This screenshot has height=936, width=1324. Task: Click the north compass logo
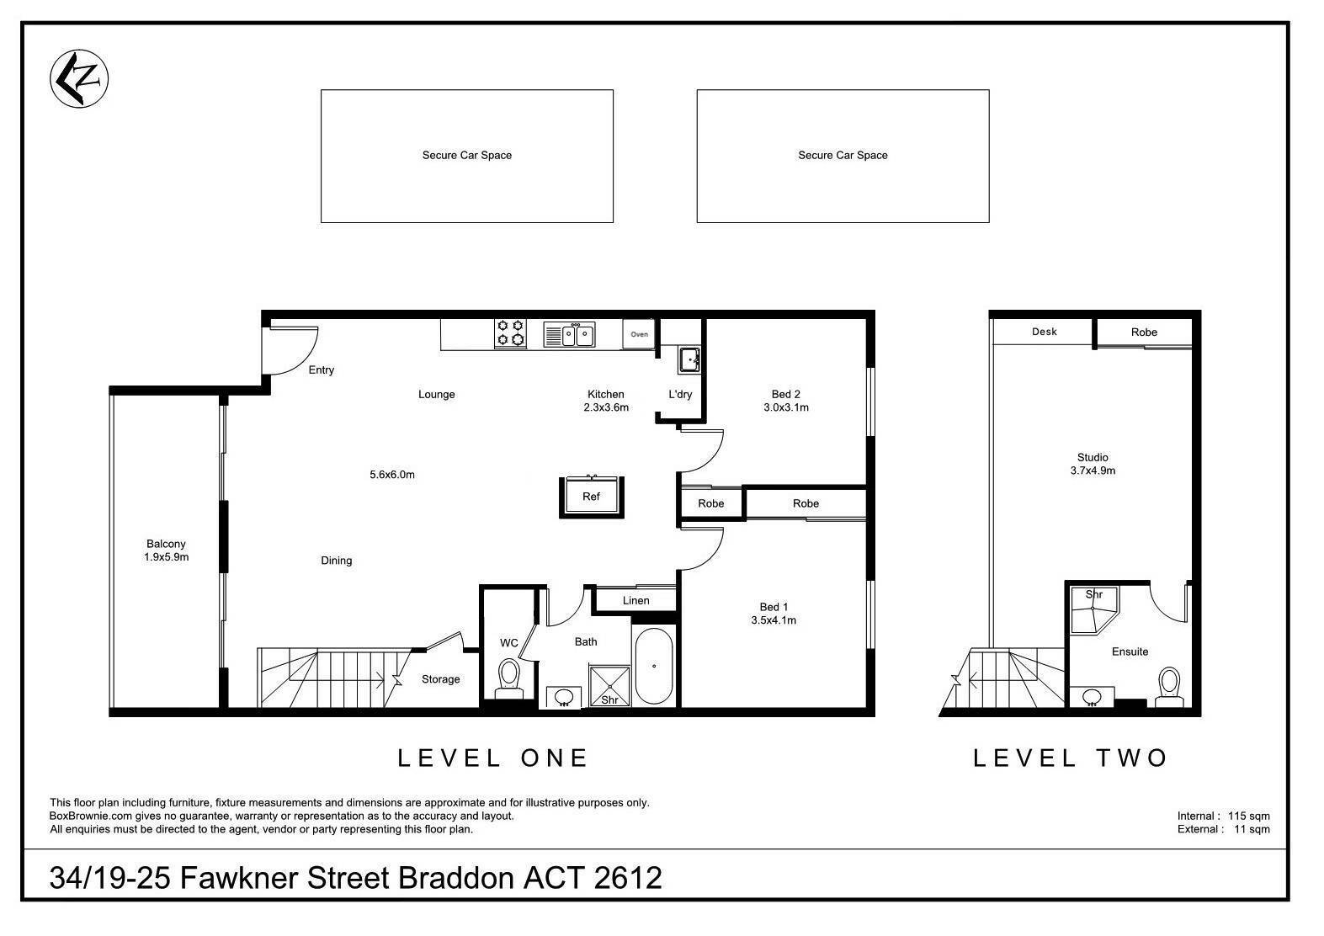coord(79,78)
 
